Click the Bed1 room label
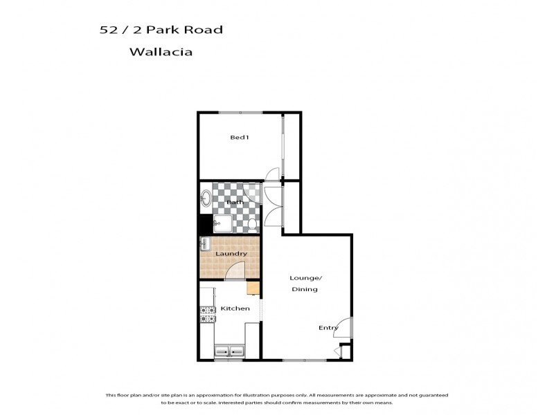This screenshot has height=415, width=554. [240, 137]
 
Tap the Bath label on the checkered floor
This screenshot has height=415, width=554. [234, 202]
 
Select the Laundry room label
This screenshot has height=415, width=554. [231, 254]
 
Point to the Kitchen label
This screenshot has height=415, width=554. [234, 308]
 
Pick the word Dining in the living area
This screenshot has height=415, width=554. [304, 289]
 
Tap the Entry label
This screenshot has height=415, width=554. [328, 328]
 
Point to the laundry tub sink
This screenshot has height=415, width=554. [205, 244]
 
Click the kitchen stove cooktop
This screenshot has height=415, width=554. [206, 314]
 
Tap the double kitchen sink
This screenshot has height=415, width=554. [229, 351]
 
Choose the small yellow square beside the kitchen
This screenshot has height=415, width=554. [253, 288]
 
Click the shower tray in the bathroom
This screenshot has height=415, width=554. [224, 223]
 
